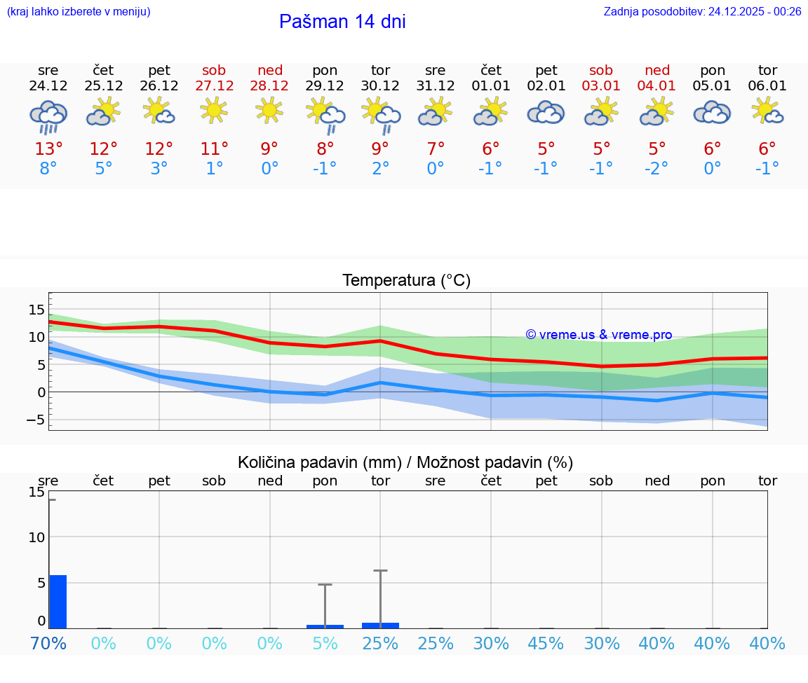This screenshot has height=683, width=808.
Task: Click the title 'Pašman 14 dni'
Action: [x=342, y=22]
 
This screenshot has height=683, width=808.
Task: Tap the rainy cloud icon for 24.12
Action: [x=48, y=116]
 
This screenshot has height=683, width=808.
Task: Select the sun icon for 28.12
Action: [x=269, y=111]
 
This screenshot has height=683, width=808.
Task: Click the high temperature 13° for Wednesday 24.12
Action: [x=48, y=149]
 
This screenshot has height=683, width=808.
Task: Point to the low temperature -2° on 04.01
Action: [x=656, y=169]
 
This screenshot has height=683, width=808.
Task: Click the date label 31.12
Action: [x=436, y=86]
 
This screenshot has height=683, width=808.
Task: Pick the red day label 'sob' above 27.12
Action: [x=214, y=70]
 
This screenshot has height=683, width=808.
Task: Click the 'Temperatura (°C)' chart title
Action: [x=406, y=281]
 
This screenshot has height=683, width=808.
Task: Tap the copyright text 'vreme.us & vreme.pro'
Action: [x=599, y=335]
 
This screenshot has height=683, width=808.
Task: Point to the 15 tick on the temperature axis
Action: [x=36, y=310]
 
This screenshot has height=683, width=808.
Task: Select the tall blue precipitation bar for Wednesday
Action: [x=58, y=601]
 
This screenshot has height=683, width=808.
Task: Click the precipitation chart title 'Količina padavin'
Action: [x=405, y=462]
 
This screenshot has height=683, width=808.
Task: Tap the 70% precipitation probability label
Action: [x=48, y=643]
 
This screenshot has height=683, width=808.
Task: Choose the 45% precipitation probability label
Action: [x=546, y=643]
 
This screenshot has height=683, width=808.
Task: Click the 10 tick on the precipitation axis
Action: [x=36, y=537]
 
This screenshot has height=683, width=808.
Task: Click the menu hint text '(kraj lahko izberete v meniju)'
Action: [x=79, y=11]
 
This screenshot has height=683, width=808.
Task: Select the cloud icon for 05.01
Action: [x=712, y=113]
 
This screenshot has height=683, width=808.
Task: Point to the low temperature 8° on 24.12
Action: [x=48, y=169]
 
